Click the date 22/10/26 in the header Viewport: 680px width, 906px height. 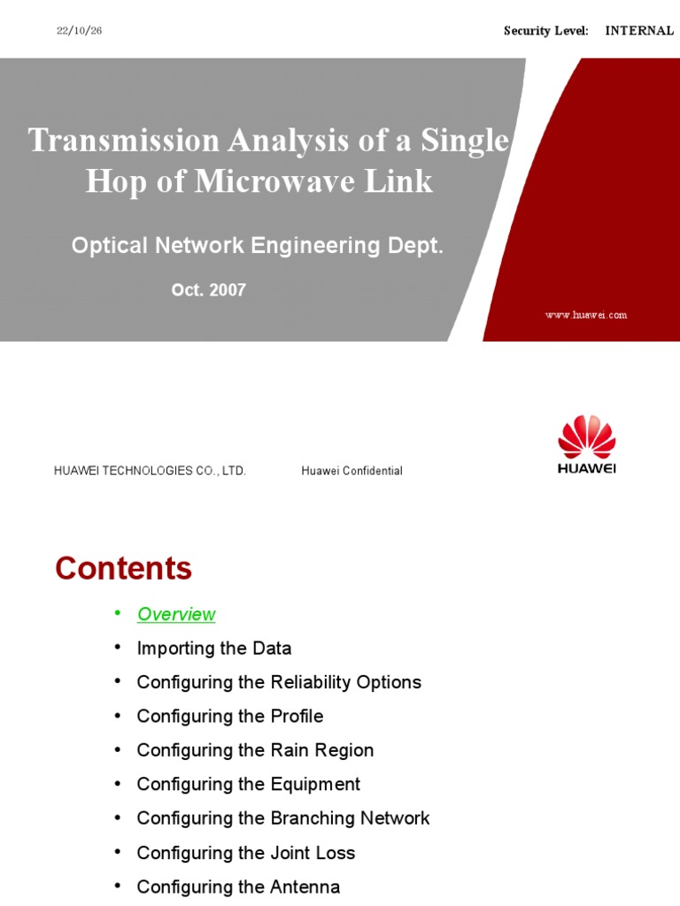click(80, 31)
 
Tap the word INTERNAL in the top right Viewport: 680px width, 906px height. click(639, 31)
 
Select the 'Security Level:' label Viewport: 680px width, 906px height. click(545, 31)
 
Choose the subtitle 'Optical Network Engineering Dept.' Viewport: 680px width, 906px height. click(257, 246)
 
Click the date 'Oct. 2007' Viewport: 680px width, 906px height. click(209, 290)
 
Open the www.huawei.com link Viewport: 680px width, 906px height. click(586, 315)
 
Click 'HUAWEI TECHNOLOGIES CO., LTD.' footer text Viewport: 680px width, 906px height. click(150, 471)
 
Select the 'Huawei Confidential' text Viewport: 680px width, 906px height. click(352, 471)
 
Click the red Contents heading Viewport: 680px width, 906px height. click(123, 568)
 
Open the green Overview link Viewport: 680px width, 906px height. click(176, 614)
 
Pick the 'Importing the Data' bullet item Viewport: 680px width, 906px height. click(213, 649)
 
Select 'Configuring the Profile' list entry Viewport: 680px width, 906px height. click(229, 716)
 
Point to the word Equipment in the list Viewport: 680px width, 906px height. click(315, 784)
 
